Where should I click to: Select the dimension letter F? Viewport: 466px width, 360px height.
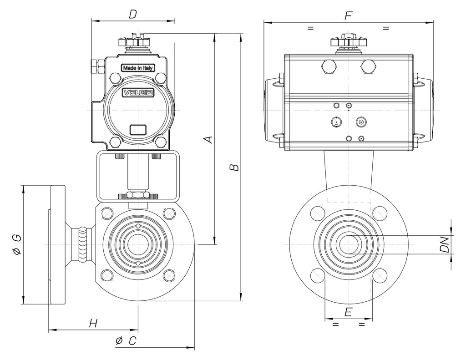point(348,16)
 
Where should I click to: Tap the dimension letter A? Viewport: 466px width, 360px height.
point(209,139)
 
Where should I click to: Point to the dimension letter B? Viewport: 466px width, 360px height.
point(234,167)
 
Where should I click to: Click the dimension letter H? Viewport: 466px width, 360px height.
point(93,323)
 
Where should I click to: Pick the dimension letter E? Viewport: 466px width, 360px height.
point(348,312)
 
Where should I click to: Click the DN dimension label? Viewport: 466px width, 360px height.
point(444,244)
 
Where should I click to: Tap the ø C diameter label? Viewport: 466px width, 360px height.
point(126,341)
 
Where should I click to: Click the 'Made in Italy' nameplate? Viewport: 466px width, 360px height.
point(138,68)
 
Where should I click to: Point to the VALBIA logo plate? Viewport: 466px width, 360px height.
point(138,93)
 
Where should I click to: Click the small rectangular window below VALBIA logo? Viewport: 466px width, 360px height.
point(138,130)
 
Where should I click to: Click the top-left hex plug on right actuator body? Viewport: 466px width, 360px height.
point(329,66)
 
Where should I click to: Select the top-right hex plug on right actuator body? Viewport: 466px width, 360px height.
point(368,66)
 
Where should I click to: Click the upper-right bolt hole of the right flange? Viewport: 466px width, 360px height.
point(380,213)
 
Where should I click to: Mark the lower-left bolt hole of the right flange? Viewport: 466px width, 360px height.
point(317,275)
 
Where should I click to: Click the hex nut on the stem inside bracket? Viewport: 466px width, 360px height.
point(137,195)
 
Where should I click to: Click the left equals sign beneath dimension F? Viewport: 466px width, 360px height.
point(310,28)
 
